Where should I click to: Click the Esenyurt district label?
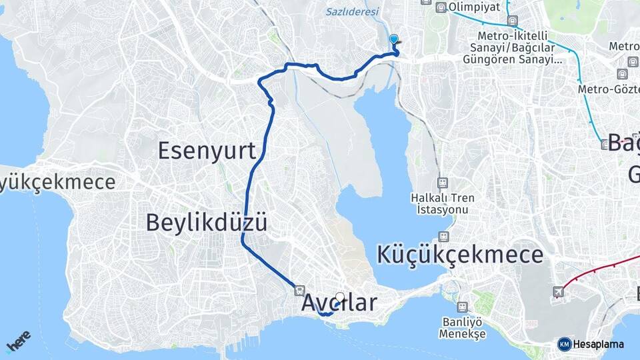pos(207,151)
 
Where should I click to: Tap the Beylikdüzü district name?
pos(207,222)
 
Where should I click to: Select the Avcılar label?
pos(339,302)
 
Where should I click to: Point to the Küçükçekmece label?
pos(460,255)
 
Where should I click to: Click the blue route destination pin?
pos(394,40)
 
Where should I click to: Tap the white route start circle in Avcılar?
pos(340,297)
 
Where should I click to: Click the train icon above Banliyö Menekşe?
pos(463,307)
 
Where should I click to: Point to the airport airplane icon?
pos(558,292)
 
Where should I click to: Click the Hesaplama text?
pos(599,345)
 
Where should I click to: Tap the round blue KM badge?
pos(564,344)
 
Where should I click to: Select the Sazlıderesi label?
pos(352,12)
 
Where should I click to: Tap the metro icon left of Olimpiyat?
pos(441,8)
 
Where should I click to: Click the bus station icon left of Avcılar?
pos(299,291)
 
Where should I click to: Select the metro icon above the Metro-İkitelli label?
pos(512,21)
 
